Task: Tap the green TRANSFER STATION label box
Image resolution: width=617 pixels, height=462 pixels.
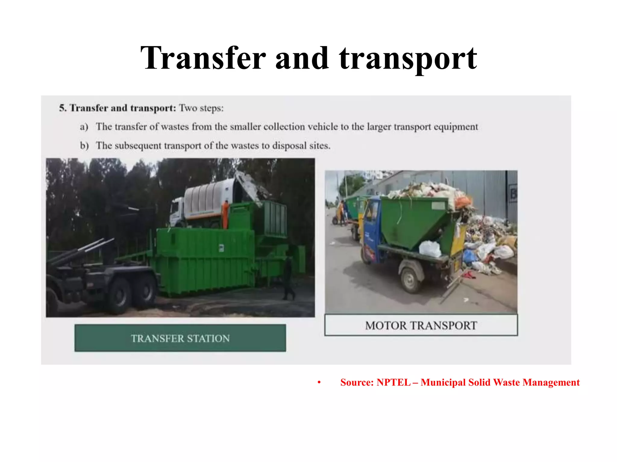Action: (180, 338)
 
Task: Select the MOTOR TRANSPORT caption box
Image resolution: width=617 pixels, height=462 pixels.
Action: (421, 325)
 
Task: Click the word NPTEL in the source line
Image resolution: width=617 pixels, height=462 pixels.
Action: (393, 382)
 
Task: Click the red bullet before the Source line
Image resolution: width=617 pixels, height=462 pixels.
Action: (319, 383)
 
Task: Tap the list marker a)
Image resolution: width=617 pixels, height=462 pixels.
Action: (84, 127)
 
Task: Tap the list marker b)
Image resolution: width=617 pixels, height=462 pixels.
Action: (84, 146)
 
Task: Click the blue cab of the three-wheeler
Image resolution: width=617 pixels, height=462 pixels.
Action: (373, 223)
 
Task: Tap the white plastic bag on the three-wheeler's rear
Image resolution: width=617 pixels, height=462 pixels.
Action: (430, 249)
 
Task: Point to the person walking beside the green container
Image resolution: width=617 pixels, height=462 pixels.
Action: (288, 278)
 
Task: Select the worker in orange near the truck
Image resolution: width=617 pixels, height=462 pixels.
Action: (225, 214)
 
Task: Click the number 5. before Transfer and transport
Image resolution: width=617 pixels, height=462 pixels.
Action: (62, 108)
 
